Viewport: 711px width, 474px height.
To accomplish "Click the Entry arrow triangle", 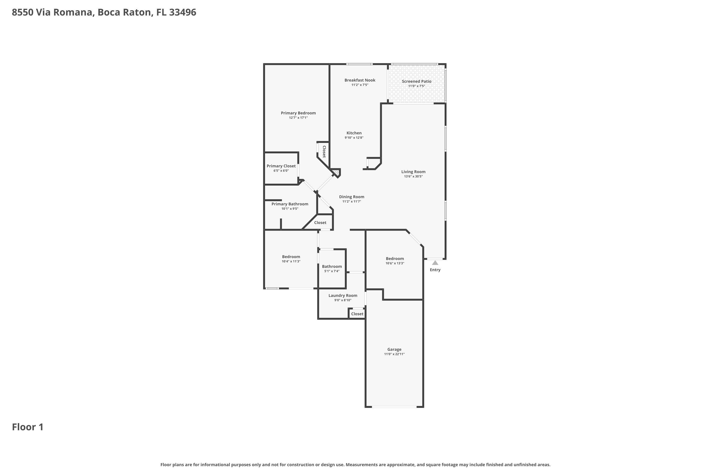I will coord(435,263).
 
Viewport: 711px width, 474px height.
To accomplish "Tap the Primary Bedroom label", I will coord(298,113).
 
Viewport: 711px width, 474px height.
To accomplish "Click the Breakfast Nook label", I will coord(360,80).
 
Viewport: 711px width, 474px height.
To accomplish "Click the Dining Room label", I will coord(351,197).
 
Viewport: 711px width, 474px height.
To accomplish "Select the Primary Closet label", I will coord(281,166).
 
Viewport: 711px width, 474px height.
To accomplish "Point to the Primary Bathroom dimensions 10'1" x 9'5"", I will coord(290,209).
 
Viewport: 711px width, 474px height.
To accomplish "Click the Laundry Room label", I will coord(342,296).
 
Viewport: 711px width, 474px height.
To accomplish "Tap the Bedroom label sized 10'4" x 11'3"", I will coord(291,257).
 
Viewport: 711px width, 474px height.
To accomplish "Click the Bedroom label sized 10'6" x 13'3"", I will coord(395,259).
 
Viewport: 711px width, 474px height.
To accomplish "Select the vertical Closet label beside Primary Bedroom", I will coord(324,152).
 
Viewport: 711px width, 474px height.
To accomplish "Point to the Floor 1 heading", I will coord(27,427).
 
